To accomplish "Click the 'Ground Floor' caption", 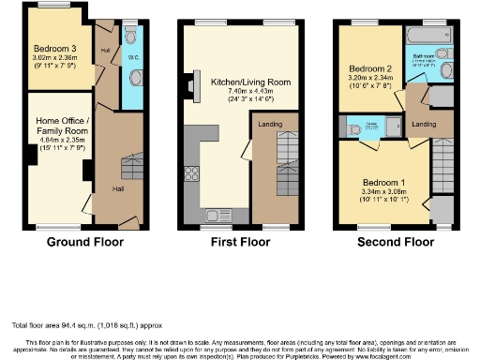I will pyautogui.click(x=85, y=241).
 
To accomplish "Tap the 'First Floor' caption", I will pyautogui.click(x=241, y=241).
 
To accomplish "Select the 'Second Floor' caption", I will pyautogui.click(x=395, y=241).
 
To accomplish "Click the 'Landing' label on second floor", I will pyautogui.click(x=424, y=125).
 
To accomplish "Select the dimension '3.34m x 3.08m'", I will pyautogui.click(x=382, y=192).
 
